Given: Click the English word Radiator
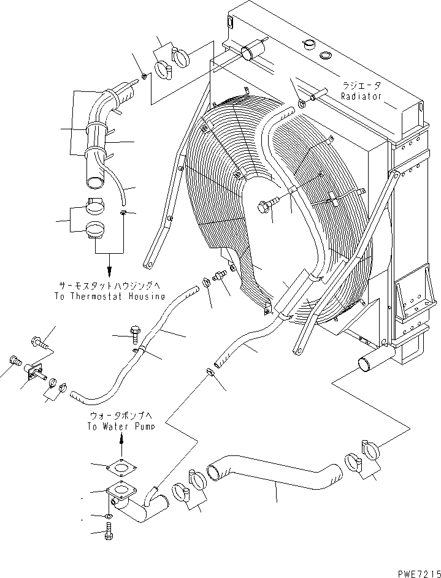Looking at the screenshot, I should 362,96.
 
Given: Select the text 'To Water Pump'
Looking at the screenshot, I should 120,427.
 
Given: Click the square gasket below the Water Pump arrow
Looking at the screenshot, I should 121,469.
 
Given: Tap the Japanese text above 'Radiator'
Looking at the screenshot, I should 362,86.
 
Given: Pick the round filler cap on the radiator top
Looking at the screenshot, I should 309,44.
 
